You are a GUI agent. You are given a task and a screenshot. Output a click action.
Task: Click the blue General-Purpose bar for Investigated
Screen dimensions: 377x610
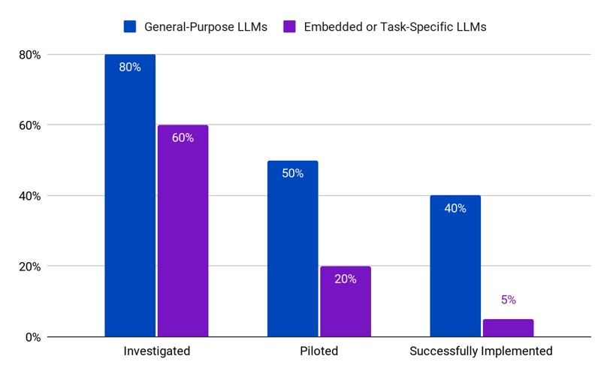(130, 195)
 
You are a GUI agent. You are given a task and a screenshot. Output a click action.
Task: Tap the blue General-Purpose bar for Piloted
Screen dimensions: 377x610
(292, 249)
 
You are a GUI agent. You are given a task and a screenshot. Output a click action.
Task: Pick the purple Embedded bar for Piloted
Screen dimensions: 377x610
(346, 301)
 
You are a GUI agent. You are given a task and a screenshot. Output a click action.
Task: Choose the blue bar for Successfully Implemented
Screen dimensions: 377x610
(455, 266)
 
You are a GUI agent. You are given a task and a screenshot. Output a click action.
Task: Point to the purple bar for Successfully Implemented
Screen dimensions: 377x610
(508, 328)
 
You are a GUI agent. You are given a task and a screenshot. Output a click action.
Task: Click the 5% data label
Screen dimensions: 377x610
(508, 300)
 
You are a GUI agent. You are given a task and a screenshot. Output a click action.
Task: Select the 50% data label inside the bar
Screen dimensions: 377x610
(292, 173)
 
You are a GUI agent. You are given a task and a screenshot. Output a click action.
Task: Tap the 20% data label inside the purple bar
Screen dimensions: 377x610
(346, 279)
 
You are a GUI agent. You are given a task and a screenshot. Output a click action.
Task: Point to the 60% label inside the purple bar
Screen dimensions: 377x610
(183, 137)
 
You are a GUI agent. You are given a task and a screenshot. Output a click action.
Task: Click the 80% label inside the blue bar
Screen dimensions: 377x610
(130, 67)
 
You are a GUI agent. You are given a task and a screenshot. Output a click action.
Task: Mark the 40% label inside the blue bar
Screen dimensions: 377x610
(455, 208)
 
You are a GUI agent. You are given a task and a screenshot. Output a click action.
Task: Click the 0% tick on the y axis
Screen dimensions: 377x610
(31, 336)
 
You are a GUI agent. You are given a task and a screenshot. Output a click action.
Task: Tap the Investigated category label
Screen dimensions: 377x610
(156, 351)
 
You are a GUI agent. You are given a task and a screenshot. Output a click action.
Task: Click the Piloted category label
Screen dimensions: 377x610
(319, 351)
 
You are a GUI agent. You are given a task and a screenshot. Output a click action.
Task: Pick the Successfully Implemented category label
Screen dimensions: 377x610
(481, 351)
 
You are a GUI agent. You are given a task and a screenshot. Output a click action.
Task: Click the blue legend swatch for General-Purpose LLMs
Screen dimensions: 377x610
(129, 27)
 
